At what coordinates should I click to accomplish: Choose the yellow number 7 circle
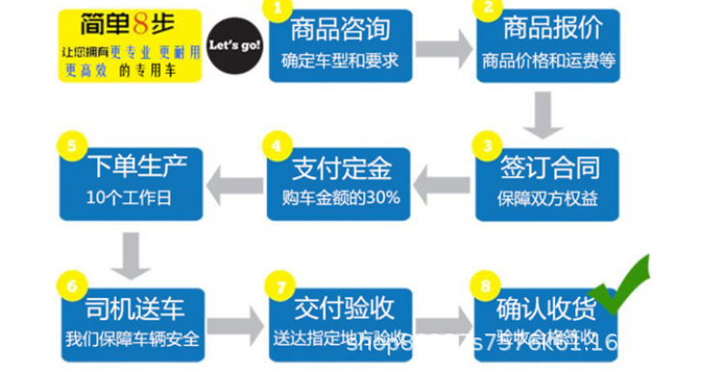pos(279,286)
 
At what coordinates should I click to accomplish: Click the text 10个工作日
pos(132,199)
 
